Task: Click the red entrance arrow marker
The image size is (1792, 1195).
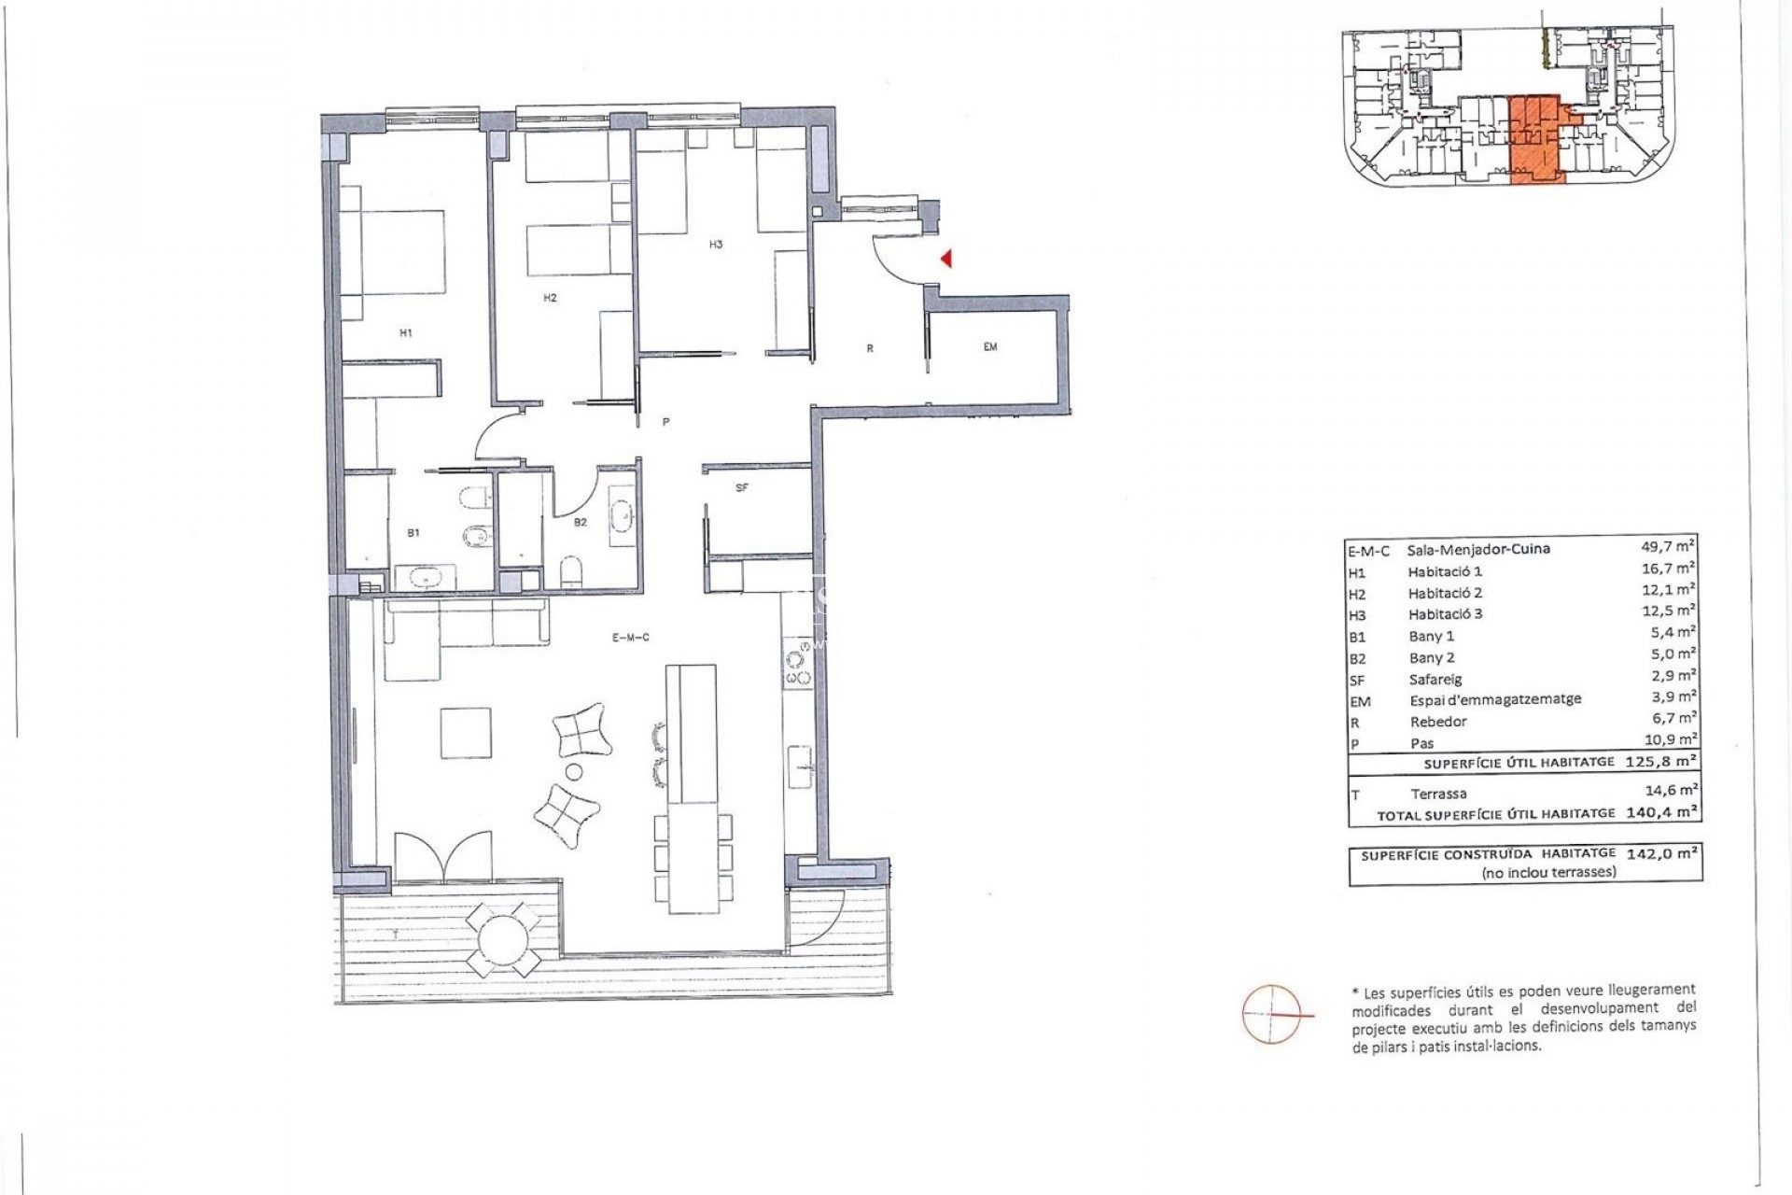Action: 945,259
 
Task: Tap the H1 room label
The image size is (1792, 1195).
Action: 405,333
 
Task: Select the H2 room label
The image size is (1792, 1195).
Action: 550,299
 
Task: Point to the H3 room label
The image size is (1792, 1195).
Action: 716,246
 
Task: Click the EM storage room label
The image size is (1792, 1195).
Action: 990,347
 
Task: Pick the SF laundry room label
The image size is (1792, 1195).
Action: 742,488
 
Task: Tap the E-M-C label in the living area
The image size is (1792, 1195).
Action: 631,638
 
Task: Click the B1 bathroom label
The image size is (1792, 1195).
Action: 413,533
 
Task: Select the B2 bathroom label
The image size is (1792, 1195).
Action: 581,523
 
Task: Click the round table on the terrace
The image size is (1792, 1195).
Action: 503,939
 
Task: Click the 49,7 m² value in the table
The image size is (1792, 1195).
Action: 1668,546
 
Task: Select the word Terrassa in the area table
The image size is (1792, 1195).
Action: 1438,794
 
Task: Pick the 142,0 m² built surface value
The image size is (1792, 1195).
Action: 1661,853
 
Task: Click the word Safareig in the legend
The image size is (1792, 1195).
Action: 1435,680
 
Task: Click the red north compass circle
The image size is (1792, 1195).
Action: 1271,1013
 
